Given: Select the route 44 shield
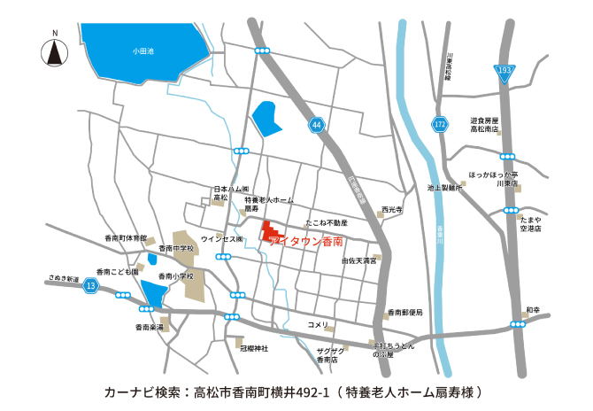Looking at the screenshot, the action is (317, 127).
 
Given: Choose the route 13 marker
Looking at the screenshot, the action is (91, 286).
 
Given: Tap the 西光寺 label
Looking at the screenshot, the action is (391, 210).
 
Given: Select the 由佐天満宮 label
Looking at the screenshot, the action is (359, 261).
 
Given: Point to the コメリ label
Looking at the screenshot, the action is (318, 324).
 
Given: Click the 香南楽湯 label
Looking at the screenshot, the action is (149, 328).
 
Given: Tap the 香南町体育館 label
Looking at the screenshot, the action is (124, 238).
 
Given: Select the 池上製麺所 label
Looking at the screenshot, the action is (445, 188).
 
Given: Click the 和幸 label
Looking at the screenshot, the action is (532, 310).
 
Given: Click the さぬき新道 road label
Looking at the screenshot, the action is (64, 277).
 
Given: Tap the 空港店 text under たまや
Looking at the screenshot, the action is (532, 228).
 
